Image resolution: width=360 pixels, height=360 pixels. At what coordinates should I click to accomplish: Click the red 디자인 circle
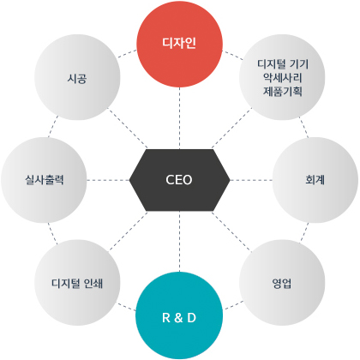click(x=179, y=44)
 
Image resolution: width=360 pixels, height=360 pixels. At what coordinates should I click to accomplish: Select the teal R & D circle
click(x=179, y=315)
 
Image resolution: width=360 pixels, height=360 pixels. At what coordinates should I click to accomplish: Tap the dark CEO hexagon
click(x=179, y=180)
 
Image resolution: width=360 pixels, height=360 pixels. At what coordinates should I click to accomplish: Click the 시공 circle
click(x=77, y=77)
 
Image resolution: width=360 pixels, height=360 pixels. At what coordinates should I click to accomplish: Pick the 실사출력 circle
click(x=44, y=180)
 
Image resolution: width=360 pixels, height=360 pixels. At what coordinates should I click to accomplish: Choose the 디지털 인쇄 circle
click(x=77, y=283)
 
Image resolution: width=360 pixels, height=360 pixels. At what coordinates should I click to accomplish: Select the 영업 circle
click(x=282, y=283)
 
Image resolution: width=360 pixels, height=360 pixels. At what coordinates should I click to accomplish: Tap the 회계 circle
click(x=315, y=180)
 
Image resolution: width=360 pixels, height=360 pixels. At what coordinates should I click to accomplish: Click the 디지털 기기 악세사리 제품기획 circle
click(x=282, y=77)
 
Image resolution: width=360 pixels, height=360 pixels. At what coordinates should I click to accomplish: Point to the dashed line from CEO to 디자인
click(x=179, y=118)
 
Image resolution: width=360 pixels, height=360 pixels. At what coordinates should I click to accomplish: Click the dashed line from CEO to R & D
click(x=179, y=242)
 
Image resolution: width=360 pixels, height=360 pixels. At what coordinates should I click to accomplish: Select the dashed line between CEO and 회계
click(x=251, y=180)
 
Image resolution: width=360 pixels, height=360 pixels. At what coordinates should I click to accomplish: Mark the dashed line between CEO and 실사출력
click(x=108, y=180)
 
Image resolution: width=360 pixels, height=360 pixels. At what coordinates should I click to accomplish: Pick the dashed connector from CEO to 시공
click(x=128, y=129)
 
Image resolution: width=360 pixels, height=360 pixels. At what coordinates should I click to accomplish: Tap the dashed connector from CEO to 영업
click(x=231, y=231)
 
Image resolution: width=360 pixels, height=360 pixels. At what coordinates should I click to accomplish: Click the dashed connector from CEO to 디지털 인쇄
click(x=129, y=231)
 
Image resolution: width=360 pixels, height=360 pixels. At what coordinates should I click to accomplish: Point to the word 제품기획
click(x=282, y=92)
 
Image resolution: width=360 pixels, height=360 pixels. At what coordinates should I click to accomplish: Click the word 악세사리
click(x=282, y=77)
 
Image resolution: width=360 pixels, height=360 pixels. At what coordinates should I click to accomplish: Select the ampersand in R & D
click(x=178, y=318)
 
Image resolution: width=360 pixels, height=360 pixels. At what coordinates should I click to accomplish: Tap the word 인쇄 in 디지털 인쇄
click(x=93, y=283)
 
